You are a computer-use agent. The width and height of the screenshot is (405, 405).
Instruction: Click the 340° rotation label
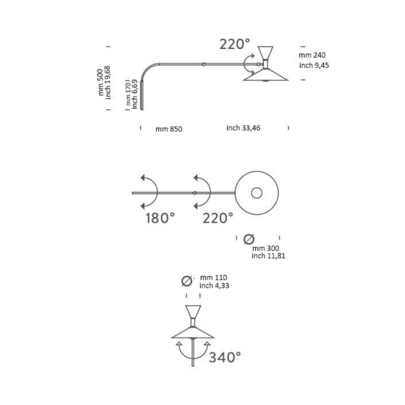pyautogui.click(x=225, y=358)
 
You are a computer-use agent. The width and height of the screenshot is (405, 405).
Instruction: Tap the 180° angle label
pyautogui.click(x=160, y=218)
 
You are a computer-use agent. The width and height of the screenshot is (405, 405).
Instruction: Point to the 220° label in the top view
pyautogui.click(x=218, y=218)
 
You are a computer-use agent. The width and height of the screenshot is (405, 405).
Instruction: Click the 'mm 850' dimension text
pyautogui.click(x=168, y=129)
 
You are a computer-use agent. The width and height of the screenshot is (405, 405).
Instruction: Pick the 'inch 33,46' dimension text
pyautogui.click(x=243, y=128)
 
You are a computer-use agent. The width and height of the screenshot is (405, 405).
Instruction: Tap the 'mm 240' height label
pyautogui.click(x=312, y=55)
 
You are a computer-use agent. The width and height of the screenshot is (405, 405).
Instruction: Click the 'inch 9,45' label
pyautogui.click(x=314, y=65)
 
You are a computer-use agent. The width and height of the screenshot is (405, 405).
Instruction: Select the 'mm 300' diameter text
pyautogui.click(x=266, y=248)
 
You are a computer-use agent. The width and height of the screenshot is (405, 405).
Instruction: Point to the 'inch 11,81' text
pyautogui.click(x=269, y=256)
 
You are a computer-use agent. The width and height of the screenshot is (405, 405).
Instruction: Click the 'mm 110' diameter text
pyautogui.click(x=213, y=278)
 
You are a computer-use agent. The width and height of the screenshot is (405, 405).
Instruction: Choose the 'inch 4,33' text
pyautogui.click(x=214, y=286)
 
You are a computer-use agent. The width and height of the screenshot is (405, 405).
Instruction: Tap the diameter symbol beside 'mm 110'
pyautogui.click(x=187, y=281)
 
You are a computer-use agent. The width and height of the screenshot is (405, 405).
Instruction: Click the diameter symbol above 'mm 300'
pyautogui.click(x=249, y=239)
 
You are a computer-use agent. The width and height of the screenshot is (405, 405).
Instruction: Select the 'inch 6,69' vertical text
pyautogui.click(x=134, y=94)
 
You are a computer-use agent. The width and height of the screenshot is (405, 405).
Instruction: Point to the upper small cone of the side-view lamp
pyautogui.click(x=266, y=53)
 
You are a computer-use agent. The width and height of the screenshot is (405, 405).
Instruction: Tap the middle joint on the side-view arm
pyautogui.click(x=204, y=64)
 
